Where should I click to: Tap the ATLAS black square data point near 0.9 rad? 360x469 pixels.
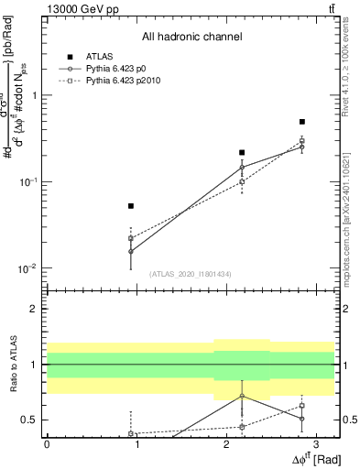[131, 206]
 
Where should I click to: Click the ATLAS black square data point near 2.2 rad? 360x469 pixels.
[242, 152]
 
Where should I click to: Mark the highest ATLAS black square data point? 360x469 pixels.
[302, 121]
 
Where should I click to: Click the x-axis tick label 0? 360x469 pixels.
[47, 443]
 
